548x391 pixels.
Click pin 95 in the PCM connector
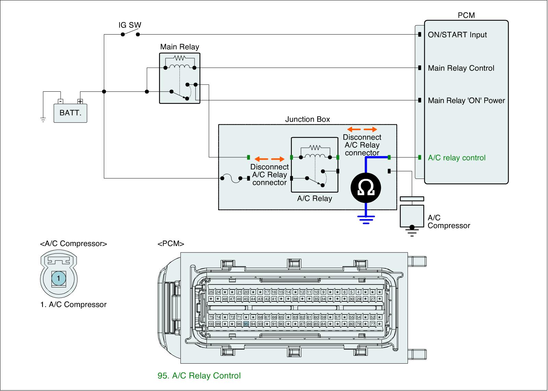(246, 324)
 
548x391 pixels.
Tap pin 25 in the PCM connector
(211, 292)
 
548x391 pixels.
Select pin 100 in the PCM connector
(211, 324)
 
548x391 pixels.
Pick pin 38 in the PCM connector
(295, 299)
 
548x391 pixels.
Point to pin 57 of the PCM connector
(337, 317)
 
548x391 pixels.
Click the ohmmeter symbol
(366, 188)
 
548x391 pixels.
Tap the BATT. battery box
(70, 113)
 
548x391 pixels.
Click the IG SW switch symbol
(130, 34)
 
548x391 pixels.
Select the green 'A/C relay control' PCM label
(457, 158)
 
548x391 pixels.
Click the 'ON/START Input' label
(457, 35)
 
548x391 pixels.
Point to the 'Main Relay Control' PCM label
(461, 68)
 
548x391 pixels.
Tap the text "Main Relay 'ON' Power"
(466, 101)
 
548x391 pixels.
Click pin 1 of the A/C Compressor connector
(59, 278)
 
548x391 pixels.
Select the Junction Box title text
(308, 119)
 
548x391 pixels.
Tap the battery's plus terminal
(80, 101)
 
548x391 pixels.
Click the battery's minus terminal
(60, 101)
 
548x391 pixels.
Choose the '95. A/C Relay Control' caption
(199, 376)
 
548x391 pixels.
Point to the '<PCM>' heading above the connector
(171, 244)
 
